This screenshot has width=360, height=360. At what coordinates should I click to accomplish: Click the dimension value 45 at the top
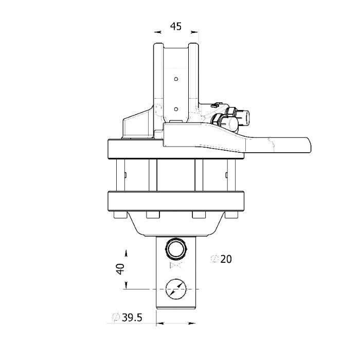pyautogui.click(x=176, y=26)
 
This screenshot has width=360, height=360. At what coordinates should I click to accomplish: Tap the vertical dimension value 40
pyautogui.click(x=120, y=269)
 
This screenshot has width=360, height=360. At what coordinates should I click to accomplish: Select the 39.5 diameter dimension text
pyautogui.click(x=132, y=317)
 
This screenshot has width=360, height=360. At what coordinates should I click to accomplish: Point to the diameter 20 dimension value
pyautogui.click(x=226, y=259)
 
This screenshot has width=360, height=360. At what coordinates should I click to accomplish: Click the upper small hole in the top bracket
pyautogui.click(x=176, y=79)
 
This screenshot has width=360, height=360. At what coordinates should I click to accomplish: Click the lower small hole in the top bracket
pyautogui.click(x=176, y=109)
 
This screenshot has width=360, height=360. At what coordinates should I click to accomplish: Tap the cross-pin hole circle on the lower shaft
pyautogui.click(x=176, y=289)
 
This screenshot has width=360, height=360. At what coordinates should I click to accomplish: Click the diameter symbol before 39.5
pyautogui.click(x=116, y=317)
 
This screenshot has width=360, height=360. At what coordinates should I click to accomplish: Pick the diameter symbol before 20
pyautogui.click(x=214, y=259)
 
